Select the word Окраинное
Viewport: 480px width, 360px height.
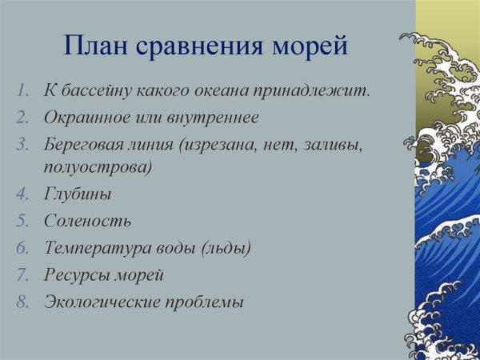point(82,118)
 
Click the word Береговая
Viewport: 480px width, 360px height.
point(79,145)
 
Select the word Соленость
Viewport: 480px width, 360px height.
point(86,221)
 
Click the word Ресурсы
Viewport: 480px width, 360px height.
point(72,275)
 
